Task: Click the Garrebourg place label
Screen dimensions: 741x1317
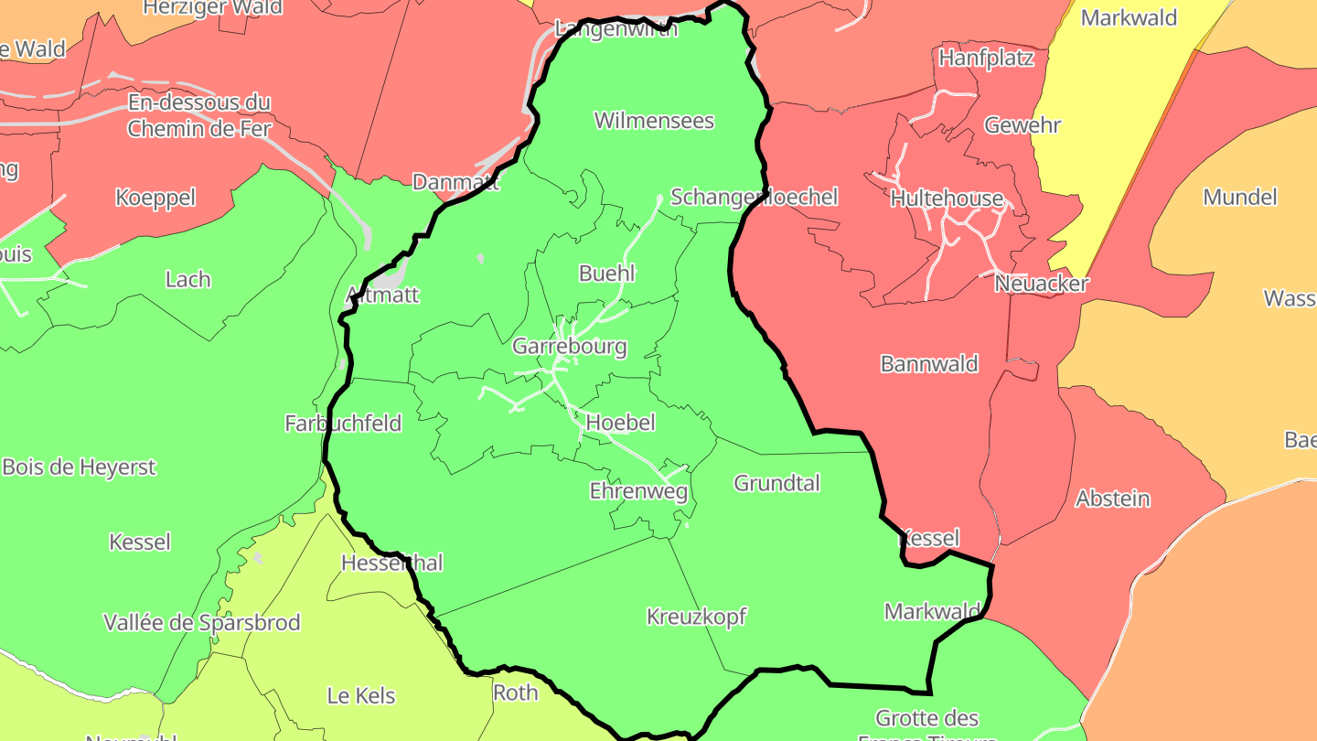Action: click(x=570, y=347)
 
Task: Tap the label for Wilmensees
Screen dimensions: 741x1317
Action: click(x=654, y=121)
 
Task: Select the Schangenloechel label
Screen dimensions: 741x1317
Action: click(x=755, y=198)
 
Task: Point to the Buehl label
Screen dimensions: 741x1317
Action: click(x=607, y=274)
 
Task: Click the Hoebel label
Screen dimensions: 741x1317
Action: click(x=621, y=423)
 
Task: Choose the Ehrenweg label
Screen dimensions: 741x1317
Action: click(x=638, y=491)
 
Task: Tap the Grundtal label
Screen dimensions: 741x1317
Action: click(x=777, y=483)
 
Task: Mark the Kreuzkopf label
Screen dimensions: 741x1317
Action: click(x=697, y=617)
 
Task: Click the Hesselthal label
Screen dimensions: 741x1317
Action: click(x=391, y=564)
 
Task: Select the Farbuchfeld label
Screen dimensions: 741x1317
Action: click(x=343, y=424)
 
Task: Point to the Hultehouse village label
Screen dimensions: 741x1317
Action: click(x=947, y=199)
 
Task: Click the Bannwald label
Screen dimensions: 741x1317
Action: click(x=929, y=364)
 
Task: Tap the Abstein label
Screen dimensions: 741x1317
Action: click(x=1113, y=499)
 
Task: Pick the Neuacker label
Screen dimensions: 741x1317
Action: click(x=1042, y=284)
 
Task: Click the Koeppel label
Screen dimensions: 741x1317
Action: click(x=155, y=198)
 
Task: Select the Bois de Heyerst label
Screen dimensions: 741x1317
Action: click(x=80, y=467)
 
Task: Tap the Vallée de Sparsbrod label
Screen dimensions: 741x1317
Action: click(x=202, y=623)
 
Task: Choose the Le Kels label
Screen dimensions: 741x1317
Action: click(x=361, y=696)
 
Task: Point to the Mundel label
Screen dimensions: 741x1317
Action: click(x=1240, y=197)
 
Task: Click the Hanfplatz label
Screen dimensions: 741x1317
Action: click(x=987, y=59)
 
